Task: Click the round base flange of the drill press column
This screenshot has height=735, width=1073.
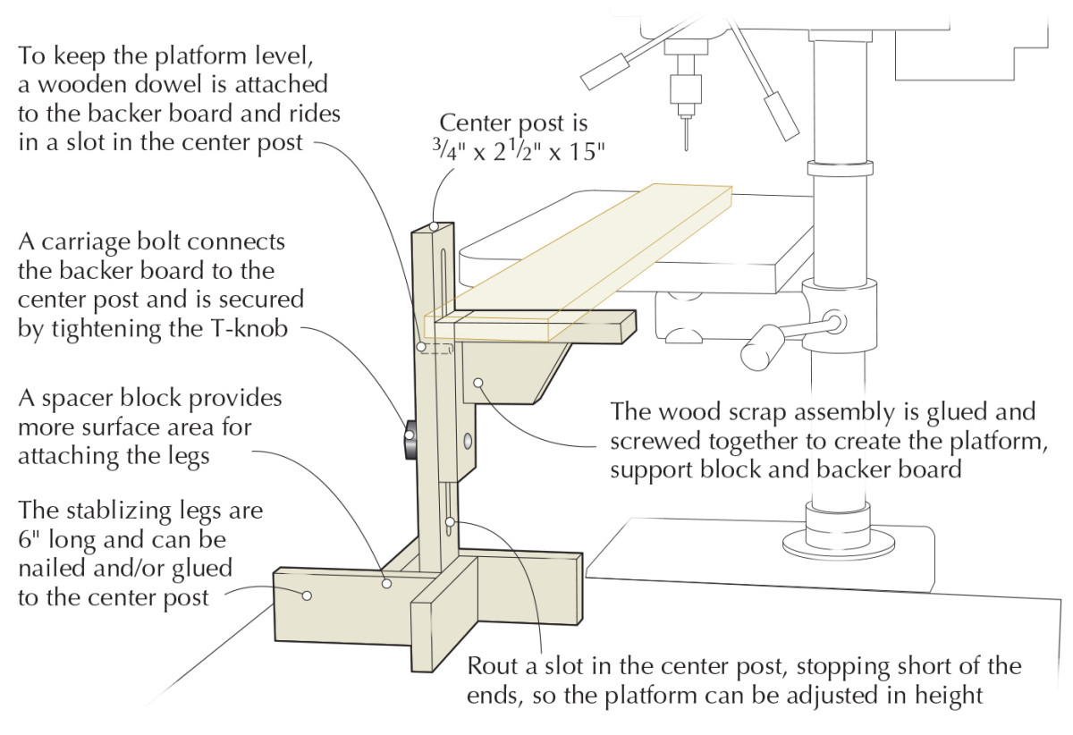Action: (838, 542)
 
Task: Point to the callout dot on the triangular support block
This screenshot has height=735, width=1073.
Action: (480, 383)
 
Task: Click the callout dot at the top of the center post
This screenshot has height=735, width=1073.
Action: (433, 227)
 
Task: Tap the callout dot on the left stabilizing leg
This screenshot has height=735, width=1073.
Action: (307, 595)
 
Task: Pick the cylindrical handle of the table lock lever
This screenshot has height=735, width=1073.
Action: (759, 348)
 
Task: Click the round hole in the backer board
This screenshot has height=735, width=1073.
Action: (469, 441)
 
